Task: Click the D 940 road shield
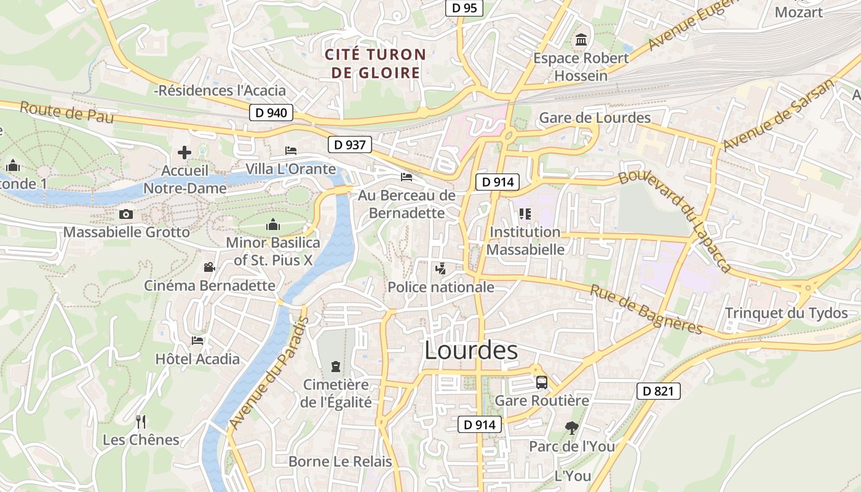point(271,113)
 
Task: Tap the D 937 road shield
point(350,145)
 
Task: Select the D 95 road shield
point(464,8)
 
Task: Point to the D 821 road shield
point(658,391)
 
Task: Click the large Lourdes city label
point(471,351)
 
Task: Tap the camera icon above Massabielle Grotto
point(126,214)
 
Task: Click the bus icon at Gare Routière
point(542,382)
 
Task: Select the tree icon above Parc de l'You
point(572,427)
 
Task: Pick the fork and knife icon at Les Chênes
point(141,421)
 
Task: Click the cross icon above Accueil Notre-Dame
point(184,153)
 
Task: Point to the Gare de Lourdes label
point(595,117)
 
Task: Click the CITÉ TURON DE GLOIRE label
point(375,63)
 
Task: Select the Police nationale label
point(440,287)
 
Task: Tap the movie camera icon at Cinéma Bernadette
point(209,268)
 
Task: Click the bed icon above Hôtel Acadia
point(197,340)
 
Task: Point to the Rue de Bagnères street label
point(646,309)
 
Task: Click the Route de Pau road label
point(66,112)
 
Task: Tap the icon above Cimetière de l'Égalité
point(335,367)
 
